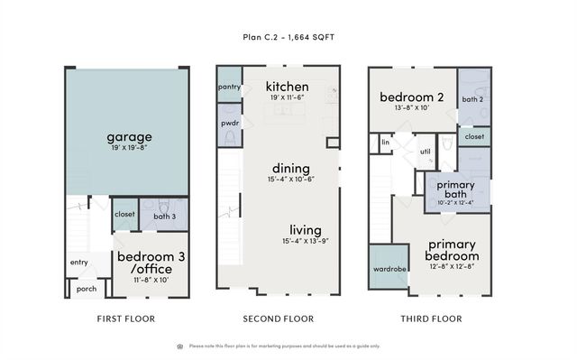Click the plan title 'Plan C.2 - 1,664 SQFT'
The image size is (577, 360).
288,39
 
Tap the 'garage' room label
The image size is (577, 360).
129,137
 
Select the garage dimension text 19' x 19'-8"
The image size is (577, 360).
129,148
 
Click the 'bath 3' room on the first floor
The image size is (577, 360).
164,217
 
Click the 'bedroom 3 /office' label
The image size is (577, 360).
151,263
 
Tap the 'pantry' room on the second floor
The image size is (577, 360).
229,87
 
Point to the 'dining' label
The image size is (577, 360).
291,168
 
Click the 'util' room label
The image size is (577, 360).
425,152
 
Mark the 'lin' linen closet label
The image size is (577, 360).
384,142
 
